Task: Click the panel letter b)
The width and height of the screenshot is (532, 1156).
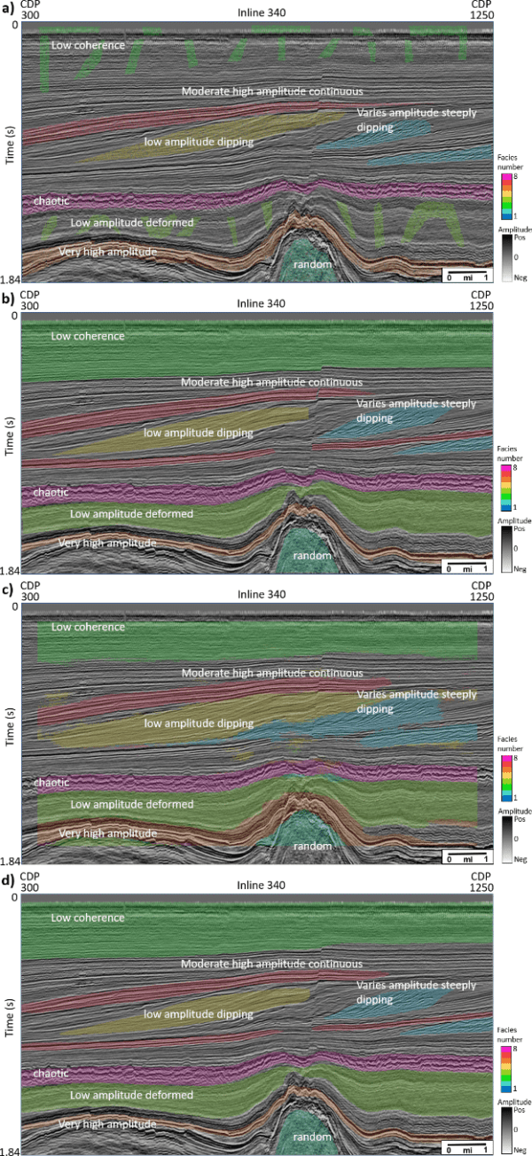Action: pos(7,295)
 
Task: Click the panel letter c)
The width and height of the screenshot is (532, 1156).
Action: pos(7,586)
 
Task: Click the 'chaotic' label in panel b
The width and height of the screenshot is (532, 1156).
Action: pos(51,491)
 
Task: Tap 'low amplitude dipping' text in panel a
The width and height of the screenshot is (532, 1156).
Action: pos(199,141)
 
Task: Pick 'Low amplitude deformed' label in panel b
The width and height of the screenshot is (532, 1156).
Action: pos(132,513)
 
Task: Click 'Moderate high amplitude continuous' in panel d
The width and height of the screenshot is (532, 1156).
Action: pos(272,964)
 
